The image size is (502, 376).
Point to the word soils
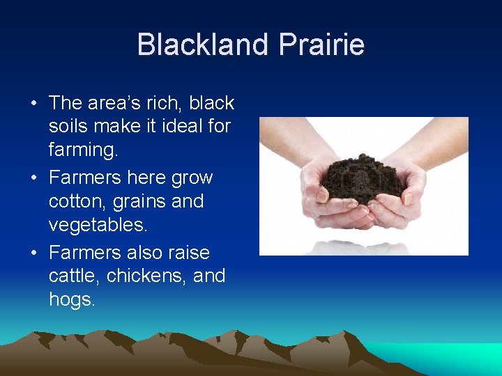point(70,127)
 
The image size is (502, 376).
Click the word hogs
point(71,299)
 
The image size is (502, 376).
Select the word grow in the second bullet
point(192,178)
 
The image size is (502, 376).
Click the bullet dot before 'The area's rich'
point(33,104)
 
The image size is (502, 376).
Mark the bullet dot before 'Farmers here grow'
point(33,178)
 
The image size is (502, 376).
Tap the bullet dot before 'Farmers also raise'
point(33,252)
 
